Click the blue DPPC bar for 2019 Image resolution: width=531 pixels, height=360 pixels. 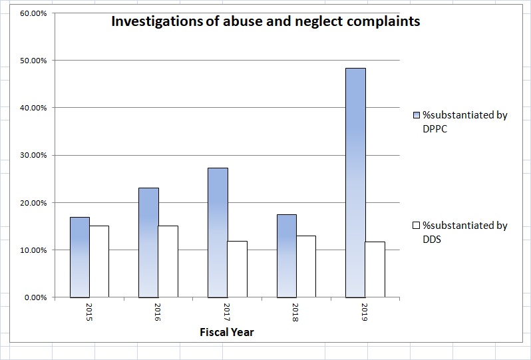[x=355, y=183]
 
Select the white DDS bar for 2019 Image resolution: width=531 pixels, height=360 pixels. [x=375, y=270]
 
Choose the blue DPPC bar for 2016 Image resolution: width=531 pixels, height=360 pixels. [x=148, y=243]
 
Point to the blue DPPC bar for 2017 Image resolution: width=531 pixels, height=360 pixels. [x=218, y=233]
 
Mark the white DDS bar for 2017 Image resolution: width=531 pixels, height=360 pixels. [x=238, y=269]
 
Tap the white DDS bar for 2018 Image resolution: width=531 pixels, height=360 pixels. [x=307, y=266]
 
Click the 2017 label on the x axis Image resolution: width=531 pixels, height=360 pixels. [x=228, y=313]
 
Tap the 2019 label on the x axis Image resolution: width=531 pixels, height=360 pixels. [x=365, y=313]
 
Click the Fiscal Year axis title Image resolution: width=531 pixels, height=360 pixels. [x=227, y=332]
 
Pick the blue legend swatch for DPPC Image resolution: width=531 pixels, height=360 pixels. [x=417, y=115]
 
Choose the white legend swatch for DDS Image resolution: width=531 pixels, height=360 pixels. [x=417, y=226]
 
